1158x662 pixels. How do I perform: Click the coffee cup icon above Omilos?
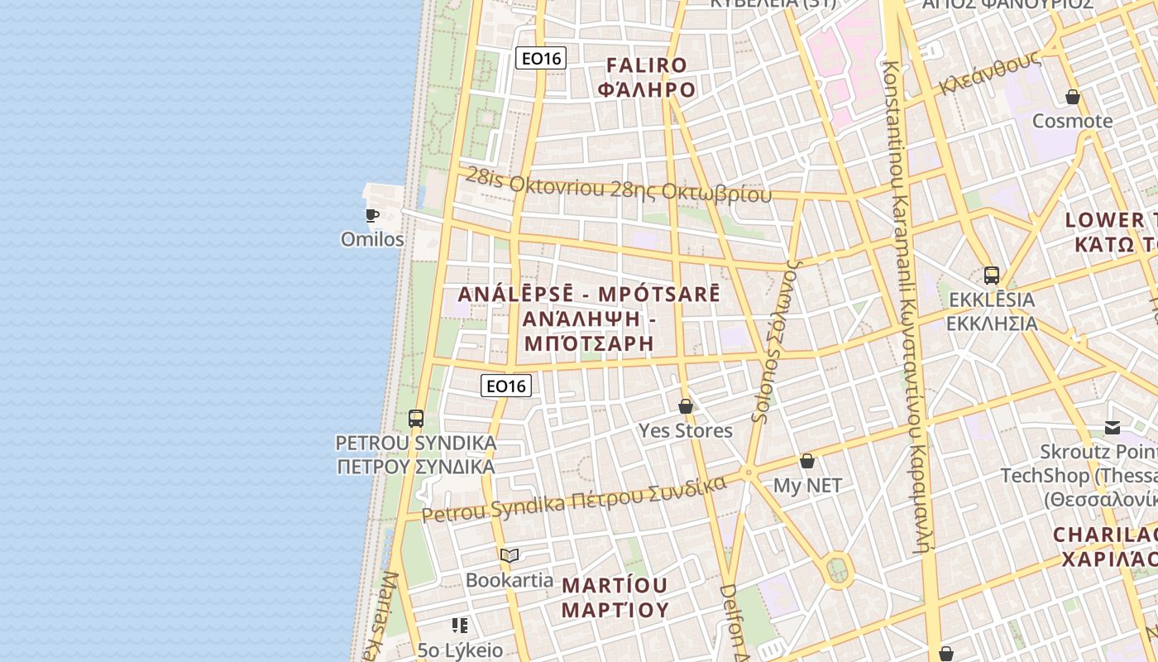372,216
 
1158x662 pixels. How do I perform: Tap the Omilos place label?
372,240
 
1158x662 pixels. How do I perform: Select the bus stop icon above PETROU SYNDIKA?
416,419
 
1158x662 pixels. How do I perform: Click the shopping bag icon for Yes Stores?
685,406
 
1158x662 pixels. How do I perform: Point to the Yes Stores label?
685,430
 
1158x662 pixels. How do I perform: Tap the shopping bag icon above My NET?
807,461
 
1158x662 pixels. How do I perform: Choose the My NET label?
807,486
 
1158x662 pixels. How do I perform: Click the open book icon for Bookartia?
510,555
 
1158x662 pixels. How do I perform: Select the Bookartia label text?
510,580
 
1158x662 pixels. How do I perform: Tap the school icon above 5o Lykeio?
460,626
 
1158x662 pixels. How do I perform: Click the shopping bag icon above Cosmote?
1073,97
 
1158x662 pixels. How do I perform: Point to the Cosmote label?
1073,121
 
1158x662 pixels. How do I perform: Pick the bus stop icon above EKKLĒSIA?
992,275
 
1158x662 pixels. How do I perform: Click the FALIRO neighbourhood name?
647,65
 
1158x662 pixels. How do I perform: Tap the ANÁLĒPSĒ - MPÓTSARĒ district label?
589,295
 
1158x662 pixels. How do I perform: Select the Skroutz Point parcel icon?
1113,428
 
